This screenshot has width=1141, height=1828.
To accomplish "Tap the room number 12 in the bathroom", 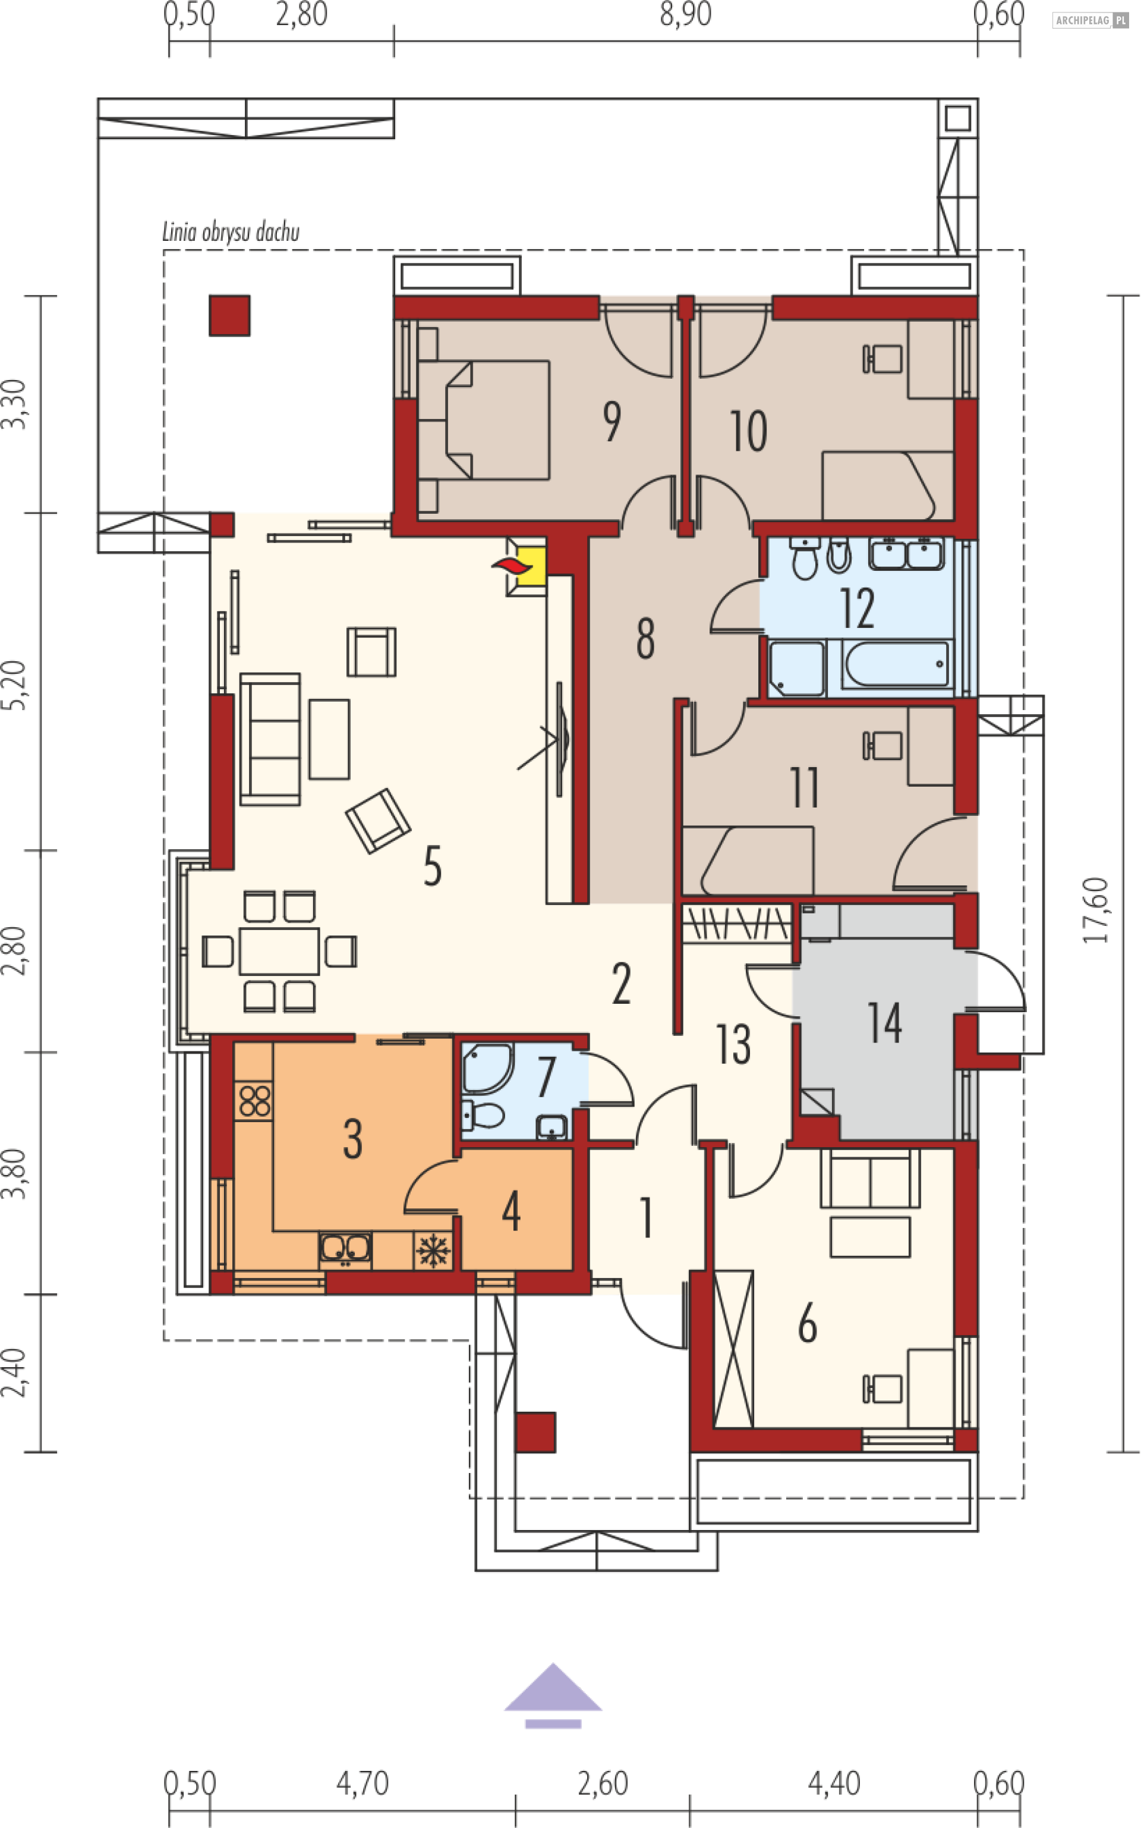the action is point(858,608).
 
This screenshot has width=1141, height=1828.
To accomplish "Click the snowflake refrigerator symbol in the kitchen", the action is point(433,1251).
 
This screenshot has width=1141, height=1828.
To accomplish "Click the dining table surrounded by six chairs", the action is point(279,951).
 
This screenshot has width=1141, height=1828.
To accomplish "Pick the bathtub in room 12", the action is point(896,664).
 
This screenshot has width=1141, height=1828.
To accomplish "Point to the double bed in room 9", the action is point(483,420).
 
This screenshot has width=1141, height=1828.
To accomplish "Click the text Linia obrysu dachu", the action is point(231,232).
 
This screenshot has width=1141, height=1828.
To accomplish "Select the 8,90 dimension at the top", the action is point(685,14).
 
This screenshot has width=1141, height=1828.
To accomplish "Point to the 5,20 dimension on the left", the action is point(14,685).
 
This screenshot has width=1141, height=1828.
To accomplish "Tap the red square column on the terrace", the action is point(229,315).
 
